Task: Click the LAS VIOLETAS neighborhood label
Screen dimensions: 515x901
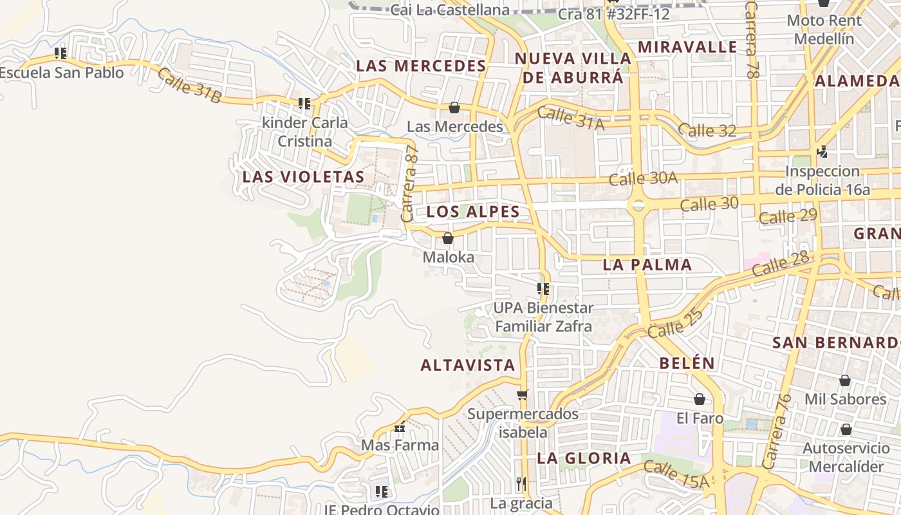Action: pos(303,176)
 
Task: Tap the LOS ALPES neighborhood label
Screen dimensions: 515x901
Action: pos(473,212)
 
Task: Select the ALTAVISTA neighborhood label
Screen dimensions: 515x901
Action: pos(468,366)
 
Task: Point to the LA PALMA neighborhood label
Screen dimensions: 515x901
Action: pos(647,265)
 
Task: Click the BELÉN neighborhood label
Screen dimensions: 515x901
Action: pos(687,363)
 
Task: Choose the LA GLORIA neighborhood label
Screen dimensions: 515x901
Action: pos(584,458)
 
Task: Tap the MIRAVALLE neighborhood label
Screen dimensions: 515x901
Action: pos(687,47)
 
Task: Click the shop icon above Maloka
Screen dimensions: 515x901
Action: pos(448,239)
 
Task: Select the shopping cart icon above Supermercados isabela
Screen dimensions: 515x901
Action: pos(522,395)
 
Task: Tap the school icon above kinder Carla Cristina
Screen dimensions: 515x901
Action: pos(304,103)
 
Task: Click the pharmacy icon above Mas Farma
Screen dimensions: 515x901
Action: pos(400,427)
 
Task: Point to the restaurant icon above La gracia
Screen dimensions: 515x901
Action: pos(521,483)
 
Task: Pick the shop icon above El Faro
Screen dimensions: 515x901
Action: pos(700,400)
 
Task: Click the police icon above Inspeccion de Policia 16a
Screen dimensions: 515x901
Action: pos(822,152)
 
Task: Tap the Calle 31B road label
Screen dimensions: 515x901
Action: pos(189,86)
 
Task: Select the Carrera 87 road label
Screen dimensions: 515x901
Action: pos(410,184)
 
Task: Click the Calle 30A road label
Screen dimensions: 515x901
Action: pos(643,178)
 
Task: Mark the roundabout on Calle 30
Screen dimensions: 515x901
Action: pos(638,205)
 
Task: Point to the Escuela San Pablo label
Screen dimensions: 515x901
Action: pos(61,73)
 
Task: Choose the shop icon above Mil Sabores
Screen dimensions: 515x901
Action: pos(845,381)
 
